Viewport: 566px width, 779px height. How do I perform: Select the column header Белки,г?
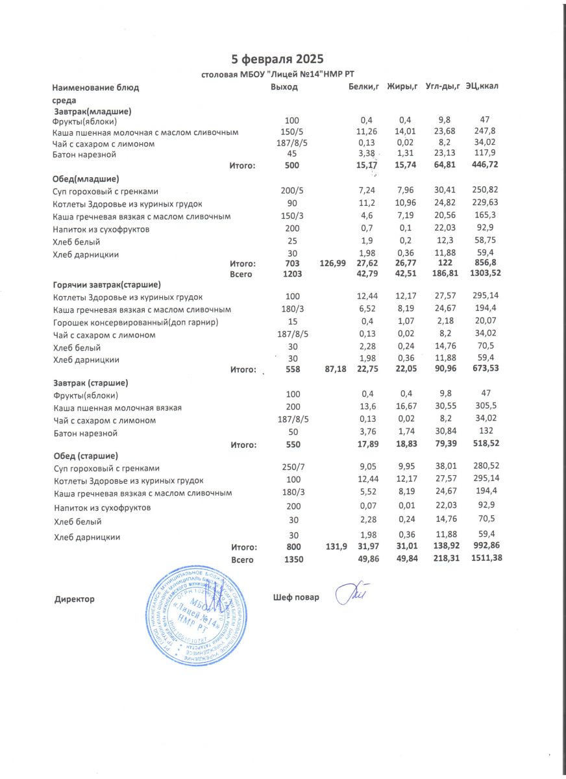tap(363, 87)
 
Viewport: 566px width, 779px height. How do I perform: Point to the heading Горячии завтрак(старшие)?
tap(106, 284)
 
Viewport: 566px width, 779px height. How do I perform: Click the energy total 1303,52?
tap(487, 275)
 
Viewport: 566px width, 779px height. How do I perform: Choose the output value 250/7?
tap(293, 468)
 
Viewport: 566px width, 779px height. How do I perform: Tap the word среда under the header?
tap(64, 101)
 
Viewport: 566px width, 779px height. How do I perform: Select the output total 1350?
tap(293, 560)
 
